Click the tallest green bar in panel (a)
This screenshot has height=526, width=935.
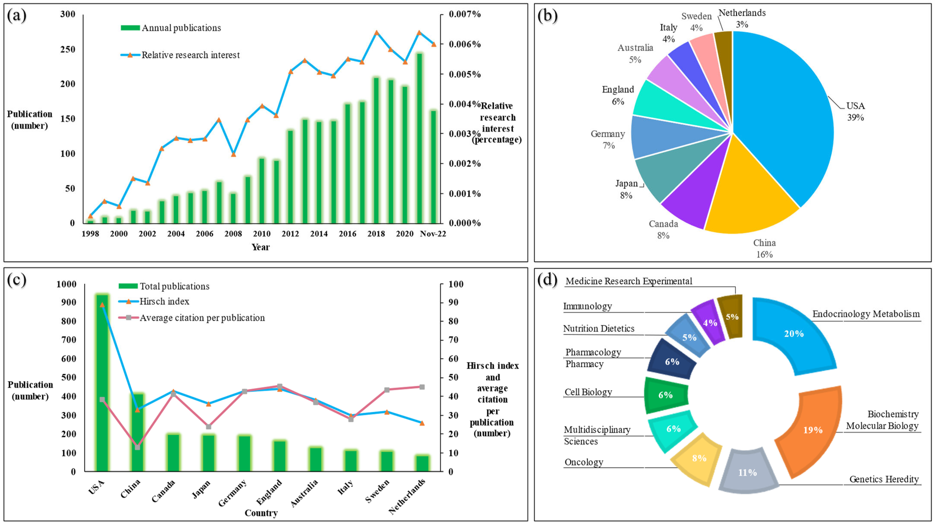coord(419,138)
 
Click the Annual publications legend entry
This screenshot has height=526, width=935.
coord(171,28)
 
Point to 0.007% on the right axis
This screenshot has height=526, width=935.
coord(465,14)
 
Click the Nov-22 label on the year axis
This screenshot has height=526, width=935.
coord(433,234)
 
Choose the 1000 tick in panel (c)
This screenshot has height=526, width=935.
coord(66,284)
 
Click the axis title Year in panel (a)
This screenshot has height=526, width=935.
coord(261,247)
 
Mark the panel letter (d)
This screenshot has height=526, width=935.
coord(547,280)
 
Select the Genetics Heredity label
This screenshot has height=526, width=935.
coord(884,479)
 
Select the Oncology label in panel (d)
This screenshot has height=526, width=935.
coord(584,462)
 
